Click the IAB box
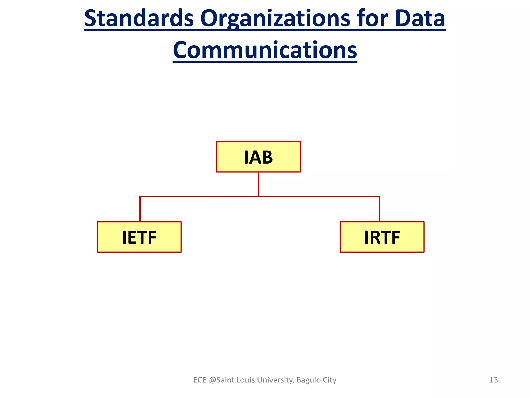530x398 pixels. point(258,157)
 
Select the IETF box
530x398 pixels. point(139,237)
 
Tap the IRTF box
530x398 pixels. point(382,237)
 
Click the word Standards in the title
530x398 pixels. point(139,19)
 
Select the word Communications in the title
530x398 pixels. point(265,50)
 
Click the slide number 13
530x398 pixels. point(494,380)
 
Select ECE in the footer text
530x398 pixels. point(200,380)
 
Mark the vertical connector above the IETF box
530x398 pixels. point(140,209)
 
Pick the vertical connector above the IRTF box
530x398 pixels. point(379,209)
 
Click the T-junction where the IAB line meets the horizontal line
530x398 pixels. point(258,197)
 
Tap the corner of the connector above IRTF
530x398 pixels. point(379,197)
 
